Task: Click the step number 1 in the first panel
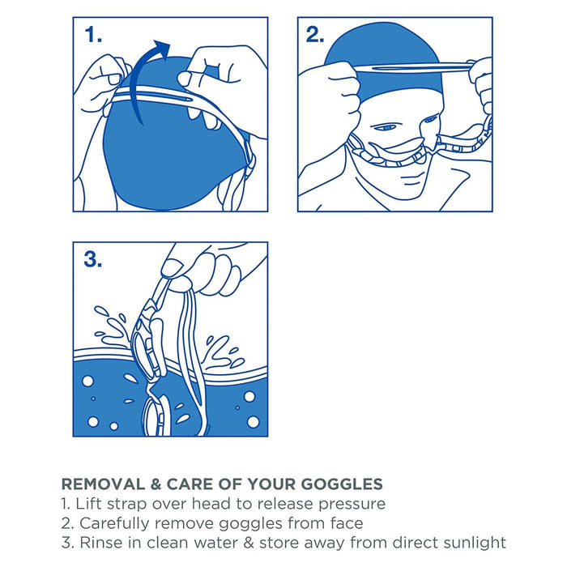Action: [94, 35]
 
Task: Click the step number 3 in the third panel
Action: [94, 259]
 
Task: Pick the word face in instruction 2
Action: [341, 523]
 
